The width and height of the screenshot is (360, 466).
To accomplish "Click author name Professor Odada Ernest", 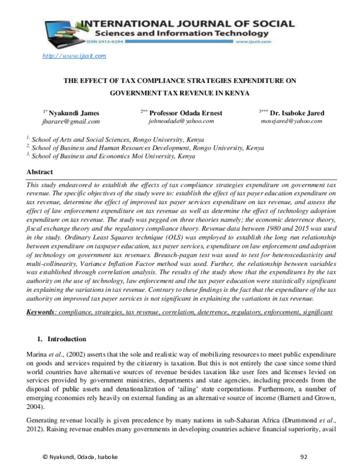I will point(185,112).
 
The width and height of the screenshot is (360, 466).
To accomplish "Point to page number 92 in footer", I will point(303,456).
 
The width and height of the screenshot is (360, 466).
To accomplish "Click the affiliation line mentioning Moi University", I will point(103,156).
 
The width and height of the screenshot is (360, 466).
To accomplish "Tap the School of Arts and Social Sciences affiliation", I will point(111,137).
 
